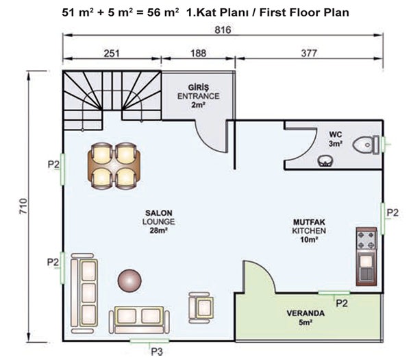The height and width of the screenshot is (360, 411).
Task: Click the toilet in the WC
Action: coord(366,145)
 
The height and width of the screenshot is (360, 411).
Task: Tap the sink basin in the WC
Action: coord(325,161)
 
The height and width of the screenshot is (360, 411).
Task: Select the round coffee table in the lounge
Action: coord(129,280)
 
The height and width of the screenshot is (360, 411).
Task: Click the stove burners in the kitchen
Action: coord(366,240)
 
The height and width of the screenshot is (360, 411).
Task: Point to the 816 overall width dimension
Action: coord(223,30)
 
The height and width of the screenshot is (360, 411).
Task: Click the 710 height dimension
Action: coord(23,206)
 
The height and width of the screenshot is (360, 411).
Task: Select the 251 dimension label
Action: coord(112,53)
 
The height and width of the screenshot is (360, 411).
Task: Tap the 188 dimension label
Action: coord(198,53)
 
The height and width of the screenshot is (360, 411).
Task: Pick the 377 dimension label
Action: coord(309,53)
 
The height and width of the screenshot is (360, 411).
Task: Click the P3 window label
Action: coord(157,352)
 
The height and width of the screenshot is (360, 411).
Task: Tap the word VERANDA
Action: coord(306,313)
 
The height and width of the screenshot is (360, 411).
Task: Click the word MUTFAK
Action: coord(309,222)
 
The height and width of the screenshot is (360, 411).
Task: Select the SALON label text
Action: coord(159,213)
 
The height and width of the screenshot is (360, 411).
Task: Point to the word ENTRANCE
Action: coord(199,96)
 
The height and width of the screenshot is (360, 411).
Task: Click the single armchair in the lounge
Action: coord(201,308)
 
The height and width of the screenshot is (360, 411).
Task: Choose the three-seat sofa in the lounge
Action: coord(84,293)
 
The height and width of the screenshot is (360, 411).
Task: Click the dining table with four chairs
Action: coord(114,165)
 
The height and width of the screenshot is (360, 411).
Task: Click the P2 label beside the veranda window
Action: coord(342,304)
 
